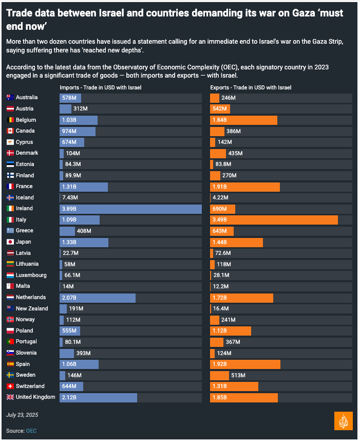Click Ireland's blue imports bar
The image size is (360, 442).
[x=130, y=209]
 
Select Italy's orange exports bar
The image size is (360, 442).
[x=274, y=220]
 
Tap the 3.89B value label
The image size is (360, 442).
[x=69, y=209]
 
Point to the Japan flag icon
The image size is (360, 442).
[x=10, y=242]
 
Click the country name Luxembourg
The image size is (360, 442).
[x=31, y=275]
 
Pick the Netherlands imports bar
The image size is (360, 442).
[x=98, y=298]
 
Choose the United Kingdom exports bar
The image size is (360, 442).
[x=244, y=397]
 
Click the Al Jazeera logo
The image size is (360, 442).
[x=343, y=420]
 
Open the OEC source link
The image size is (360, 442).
[x=31, y=431]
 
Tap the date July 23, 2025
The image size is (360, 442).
[x=22, y=415]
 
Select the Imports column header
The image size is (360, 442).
[x=100, y=87]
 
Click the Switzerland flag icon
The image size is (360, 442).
[x=10, y=386]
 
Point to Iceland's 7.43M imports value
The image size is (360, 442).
[x=70, y=198]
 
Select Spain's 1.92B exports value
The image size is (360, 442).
[x=221, y=364]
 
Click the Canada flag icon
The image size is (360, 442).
[x=10, y=131]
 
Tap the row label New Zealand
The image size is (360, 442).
[x=32, y=309]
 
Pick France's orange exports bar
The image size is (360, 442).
[x=245, y=187]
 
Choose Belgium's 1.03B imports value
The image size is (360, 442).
[x=69, y=120]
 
